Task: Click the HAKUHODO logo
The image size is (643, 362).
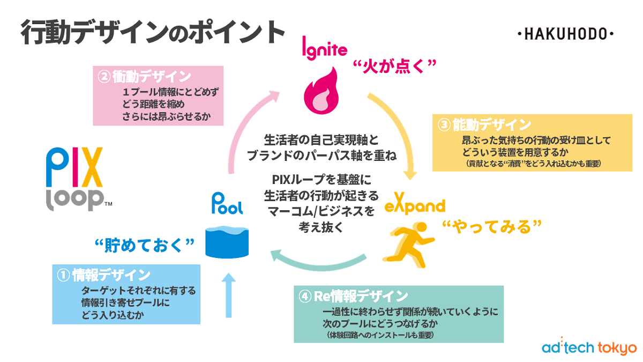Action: [566, 34]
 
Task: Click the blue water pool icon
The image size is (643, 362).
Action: [228, 241]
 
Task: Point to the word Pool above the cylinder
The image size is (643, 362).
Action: [227, 205]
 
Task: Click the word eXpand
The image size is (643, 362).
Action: [415, 206]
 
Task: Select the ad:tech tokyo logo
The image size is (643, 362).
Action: [588, 347]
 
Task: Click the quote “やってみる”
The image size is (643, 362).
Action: [489, 227]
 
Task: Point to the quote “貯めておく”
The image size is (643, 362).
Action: [144, 245]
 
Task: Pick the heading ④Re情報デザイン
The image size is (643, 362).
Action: [354, 295]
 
